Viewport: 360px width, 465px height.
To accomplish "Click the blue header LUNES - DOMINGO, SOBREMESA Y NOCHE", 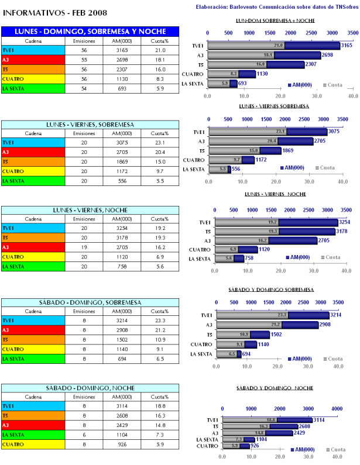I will click(89, 31).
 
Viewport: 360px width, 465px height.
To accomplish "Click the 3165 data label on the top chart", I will click(347, 45).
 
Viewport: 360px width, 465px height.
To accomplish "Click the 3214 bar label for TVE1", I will click(336, 315).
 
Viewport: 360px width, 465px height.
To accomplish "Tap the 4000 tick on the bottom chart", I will click(337, 408).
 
